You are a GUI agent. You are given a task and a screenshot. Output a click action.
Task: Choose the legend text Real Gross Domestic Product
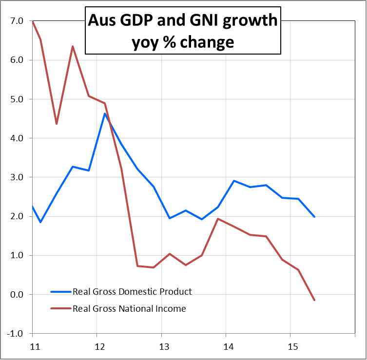[132, 292]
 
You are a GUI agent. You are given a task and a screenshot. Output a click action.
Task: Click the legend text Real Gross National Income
[129, 308]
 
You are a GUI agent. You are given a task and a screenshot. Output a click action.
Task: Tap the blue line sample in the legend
[60, 292]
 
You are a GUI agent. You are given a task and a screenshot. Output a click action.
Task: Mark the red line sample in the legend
[60, 308]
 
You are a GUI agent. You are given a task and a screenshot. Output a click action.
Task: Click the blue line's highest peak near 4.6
[105, 114]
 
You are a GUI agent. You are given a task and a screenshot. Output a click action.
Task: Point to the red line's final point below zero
[314, 300]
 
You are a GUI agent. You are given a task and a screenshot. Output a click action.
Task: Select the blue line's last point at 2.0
[314, 216]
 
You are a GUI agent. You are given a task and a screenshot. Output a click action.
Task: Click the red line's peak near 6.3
[73, 46]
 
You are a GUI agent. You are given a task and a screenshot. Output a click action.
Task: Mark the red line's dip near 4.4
[57, 124]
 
